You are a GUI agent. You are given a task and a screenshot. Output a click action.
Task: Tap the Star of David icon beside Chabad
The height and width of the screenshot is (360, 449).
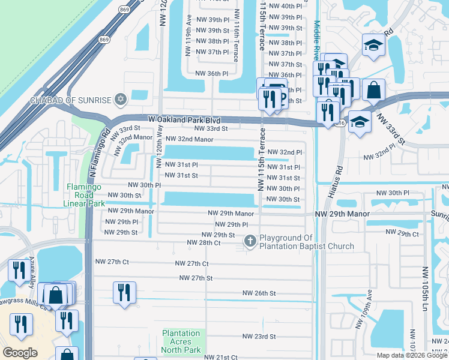coord(121,98)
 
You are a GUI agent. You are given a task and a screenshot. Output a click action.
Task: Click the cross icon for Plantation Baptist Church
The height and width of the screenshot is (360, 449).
coord(250,241)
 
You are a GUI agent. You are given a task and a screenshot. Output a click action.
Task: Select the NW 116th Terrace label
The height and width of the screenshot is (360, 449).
coord(237,44)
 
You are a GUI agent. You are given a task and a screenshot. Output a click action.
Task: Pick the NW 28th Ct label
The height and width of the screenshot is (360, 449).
coord(204,242)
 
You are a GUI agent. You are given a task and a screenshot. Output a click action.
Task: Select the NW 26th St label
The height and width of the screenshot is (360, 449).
coord(259,293)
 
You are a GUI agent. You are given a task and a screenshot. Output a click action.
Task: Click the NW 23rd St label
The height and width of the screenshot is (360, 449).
coord(259,337)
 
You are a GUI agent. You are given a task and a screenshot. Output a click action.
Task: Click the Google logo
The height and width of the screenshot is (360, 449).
coord(20,353)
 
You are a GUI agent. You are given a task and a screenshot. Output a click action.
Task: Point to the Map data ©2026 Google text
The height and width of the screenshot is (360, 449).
coord(412,355)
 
